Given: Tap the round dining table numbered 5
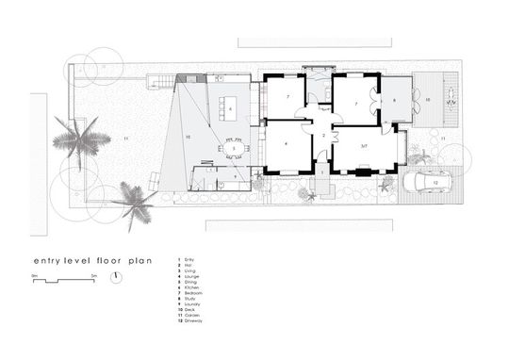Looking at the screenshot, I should [230, 148].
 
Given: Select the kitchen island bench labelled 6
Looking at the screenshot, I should [231, 108].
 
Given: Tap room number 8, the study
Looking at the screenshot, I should [394, 97].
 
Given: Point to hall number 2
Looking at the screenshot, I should [322, 137].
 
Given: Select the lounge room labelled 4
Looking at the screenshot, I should [286, 143].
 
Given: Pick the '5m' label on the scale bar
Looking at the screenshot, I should [93, 273].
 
